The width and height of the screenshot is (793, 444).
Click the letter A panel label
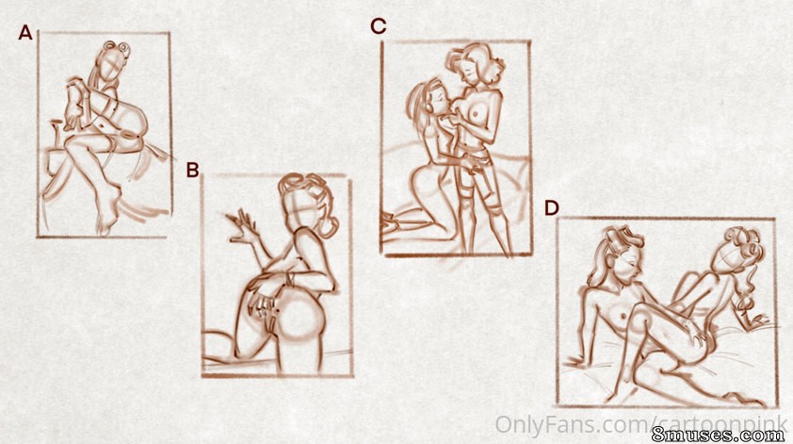[25, 33]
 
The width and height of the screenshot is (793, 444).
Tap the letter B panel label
[192, 170]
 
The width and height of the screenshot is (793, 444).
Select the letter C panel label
[379, 26]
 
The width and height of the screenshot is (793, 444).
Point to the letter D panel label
[551, 207]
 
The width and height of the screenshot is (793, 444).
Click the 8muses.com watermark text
[719, 435]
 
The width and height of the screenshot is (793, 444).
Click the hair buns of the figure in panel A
[117, 48]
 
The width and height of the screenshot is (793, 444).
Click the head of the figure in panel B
[304, 203]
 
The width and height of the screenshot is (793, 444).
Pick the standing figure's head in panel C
[473, 65]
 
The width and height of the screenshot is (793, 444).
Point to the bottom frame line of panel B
[277, 375]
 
